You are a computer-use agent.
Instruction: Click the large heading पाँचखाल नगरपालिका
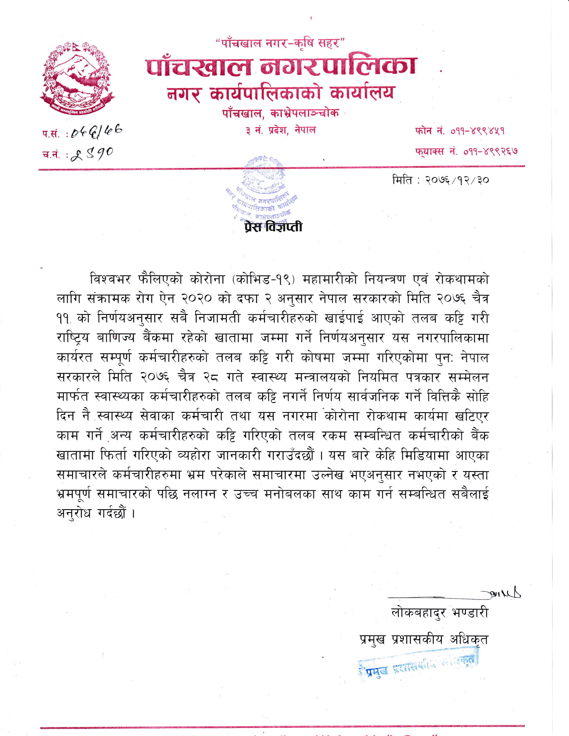pyautogui.click(x=281, y=66)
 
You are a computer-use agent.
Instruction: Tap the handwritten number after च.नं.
pyautogui.click(x=92, y=154)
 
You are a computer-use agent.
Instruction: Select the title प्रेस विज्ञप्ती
pyautogui.click(x=273, y=227)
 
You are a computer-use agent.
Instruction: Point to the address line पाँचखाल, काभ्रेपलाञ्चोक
pyautogui.click(x=280, y=114)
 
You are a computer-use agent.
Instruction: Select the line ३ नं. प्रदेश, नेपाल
pyautogui.click(x=280, y=130)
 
